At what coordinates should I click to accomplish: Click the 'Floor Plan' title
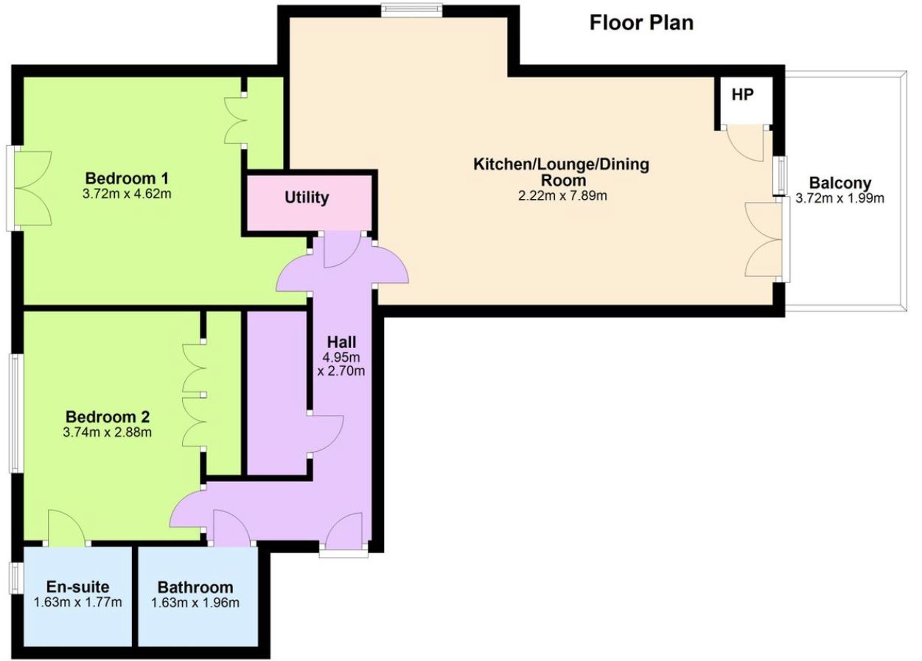641,23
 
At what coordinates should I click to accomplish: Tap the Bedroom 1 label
127,178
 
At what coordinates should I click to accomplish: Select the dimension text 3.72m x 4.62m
127,194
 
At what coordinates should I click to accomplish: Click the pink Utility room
309,203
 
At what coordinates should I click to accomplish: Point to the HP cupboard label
743,95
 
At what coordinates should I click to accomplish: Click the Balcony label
839,183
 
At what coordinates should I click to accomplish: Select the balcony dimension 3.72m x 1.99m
839,198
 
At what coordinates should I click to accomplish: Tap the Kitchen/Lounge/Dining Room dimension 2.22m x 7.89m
562,196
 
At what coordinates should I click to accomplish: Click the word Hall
341,342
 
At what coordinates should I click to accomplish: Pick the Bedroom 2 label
108,417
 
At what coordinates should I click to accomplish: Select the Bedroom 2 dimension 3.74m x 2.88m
108,433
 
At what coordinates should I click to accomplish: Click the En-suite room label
78,587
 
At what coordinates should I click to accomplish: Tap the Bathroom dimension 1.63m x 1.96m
195,603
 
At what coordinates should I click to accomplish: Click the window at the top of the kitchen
411,10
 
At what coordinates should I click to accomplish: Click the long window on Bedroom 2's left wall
15,413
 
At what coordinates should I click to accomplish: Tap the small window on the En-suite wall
15,578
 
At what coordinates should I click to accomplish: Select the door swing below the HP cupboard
745,143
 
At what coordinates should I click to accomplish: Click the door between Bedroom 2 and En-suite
66,528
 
